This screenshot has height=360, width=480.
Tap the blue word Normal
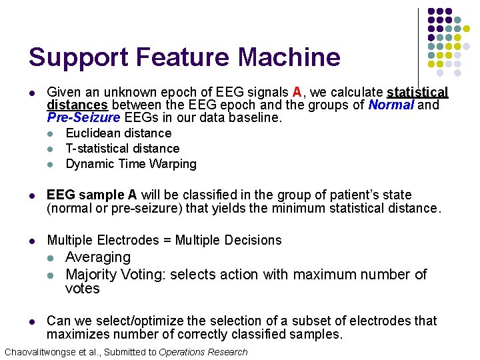[391, 105]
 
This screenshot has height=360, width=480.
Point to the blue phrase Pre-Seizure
[83, 118]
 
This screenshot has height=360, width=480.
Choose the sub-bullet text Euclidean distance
[119, 133]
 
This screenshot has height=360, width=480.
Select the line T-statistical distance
[123, 149]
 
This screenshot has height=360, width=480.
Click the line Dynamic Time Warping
[131, 164]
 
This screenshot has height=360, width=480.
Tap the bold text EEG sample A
[91, 195]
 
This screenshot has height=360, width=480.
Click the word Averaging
[98, 257]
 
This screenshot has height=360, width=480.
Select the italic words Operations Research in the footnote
[203, 352]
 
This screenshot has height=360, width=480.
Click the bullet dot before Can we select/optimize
[31, 321]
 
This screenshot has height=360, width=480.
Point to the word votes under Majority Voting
[83, 289]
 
